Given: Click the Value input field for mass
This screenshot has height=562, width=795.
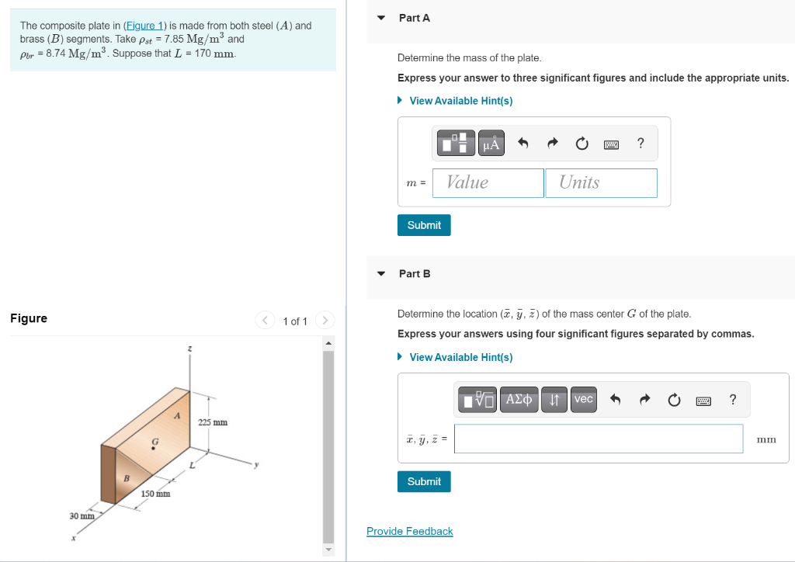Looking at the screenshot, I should coord(488,183).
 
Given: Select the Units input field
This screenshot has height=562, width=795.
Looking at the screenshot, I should coord(601,183).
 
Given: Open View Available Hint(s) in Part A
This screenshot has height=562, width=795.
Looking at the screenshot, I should coord(460,101).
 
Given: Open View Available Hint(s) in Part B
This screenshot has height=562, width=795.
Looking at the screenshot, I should coord(460,357).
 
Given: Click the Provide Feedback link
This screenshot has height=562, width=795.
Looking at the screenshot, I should coord(409,531).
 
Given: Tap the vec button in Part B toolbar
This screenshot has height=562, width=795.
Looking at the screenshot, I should coord(583,400).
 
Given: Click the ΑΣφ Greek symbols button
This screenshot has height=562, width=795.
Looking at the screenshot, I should coord(519,400).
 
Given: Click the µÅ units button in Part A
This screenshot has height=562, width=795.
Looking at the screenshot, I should coord(491,144).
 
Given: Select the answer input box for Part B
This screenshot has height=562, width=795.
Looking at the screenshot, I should coord(598,439).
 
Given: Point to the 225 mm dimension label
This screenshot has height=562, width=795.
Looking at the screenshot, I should coord(213,422).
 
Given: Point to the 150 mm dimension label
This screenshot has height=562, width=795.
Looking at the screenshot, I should coord(156,494).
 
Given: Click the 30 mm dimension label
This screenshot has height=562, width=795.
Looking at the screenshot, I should coord(82,515).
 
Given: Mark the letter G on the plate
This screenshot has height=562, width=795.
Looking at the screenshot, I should coord(154,441).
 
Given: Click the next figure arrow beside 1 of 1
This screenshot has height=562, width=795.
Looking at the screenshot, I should coord(325,321).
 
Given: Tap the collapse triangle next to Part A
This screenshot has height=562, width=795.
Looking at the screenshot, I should coord(380,18).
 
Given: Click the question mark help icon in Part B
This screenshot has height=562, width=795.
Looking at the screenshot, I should coord(733,400).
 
